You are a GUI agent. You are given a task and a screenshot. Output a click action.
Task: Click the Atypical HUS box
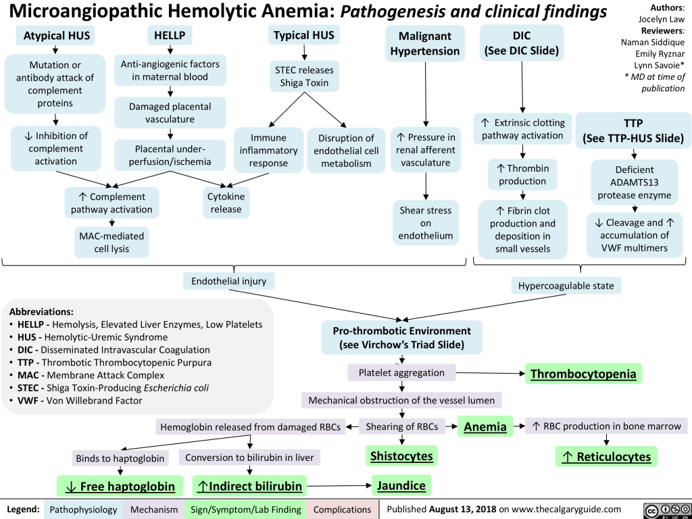[x=56, y=35]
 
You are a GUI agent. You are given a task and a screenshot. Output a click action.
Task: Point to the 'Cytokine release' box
[x=226, y=202]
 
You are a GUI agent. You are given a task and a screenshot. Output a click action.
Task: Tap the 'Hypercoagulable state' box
[x=566, y=286]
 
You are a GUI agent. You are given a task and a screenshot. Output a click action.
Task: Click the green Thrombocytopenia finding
[x=583, y=374]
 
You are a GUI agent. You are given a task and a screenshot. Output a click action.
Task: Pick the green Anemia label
[x=485, y=426]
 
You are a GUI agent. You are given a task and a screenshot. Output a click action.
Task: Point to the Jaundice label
[x=401, y=485]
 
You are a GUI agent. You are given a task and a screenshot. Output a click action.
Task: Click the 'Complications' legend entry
[x=341, y=509]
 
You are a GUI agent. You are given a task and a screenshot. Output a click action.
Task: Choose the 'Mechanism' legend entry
[x=155, y=509]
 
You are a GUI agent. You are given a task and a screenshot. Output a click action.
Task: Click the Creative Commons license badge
[x=662, y=509]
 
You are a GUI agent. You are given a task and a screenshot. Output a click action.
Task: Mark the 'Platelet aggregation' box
[x=401, y=372]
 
